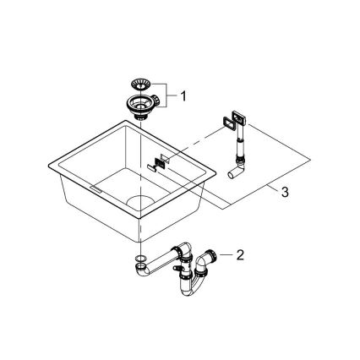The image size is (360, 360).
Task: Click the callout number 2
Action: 241,253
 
